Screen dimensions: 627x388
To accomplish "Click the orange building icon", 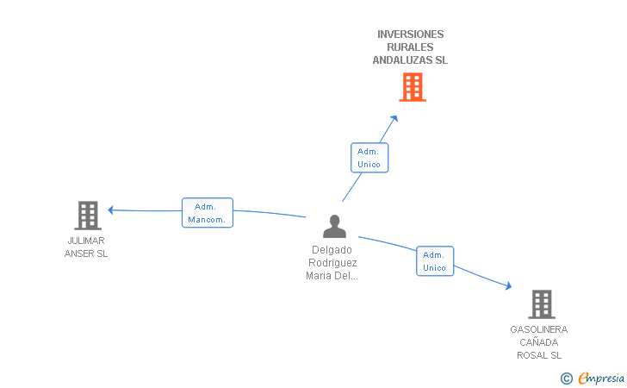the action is coord(413,87).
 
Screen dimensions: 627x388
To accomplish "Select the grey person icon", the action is coord(334,226).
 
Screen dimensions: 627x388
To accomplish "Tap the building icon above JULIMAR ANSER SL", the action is coord(88,216).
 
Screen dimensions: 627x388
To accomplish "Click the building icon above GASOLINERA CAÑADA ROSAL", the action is coord(542,304).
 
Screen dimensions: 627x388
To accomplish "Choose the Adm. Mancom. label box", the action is coord(207,213).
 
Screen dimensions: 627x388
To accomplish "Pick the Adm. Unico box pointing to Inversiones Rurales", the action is coord(369,158).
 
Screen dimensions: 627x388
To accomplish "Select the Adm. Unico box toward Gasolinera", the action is coord(435,261).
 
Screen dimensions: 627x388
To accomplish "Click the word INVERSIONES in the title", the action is coord(410,34).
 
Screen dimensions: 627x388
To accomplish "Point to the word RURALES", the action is coord(410,47).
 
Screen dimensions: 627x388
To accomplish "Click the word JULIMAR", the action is coord(86,241).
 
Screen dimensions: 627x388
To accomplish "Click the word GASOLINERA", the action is coord(539,329).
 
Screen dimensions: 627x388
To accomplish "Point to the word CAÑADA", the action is coord(539,342).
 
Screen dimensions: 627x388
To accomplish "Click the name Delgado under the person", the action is coord(332,250).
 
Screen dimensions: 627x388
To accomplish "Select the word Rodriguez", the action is coord(332,263).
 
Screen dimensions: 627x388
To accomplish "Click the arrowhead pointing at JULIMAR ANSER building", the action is coord(111,210).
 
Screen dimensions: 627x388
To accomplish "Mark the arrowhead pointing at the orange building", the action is coord(394,118).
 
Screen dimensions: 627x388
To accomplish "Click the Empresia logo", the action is coord(593,378).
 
